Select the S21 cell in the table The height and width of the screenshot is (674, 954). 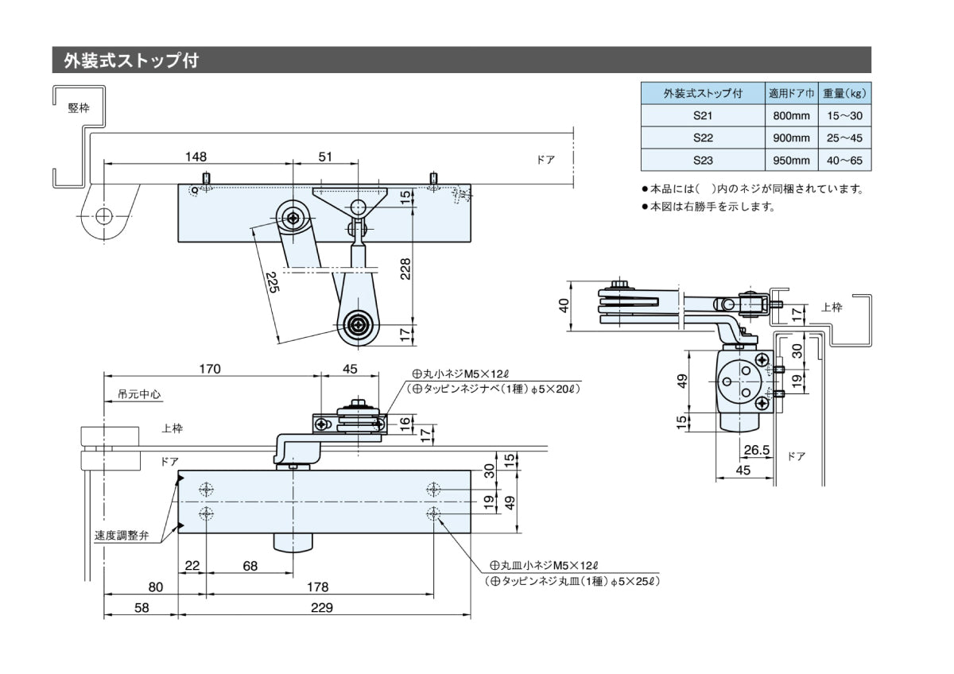click(702, 116)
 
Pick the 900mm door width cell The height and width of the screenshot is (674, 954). click(791, 138)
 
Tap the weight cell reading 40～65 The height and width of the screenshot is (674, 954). click(844, 161)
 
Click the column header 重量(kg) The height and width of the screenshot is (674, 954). click(844, 94)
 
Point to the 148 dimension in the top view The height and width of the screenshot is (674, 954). click(196, 157)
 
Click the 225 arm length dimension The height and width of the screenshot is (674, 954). click(271, 282)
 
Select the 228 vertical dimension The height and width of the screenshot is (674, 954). click(405, 269)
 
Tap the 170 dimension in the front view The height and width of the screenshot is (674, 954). click(210, 369)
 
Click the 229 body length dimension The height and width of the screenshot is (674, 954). click(321, 608)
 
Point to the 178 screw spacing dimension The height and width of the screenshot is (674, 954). click(317, 587)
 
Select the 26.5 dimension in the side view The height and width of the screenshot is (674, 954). click(756, 450)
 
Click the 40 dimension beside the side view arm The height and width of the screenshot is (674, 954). click(564, 304)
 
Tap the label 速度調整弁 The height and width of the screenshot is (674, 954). click(122, 535)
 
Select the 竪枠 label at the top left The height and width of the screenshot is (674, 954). click(79, 108)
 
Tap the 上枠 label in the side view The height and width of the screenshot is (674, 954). click(832, 308)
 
